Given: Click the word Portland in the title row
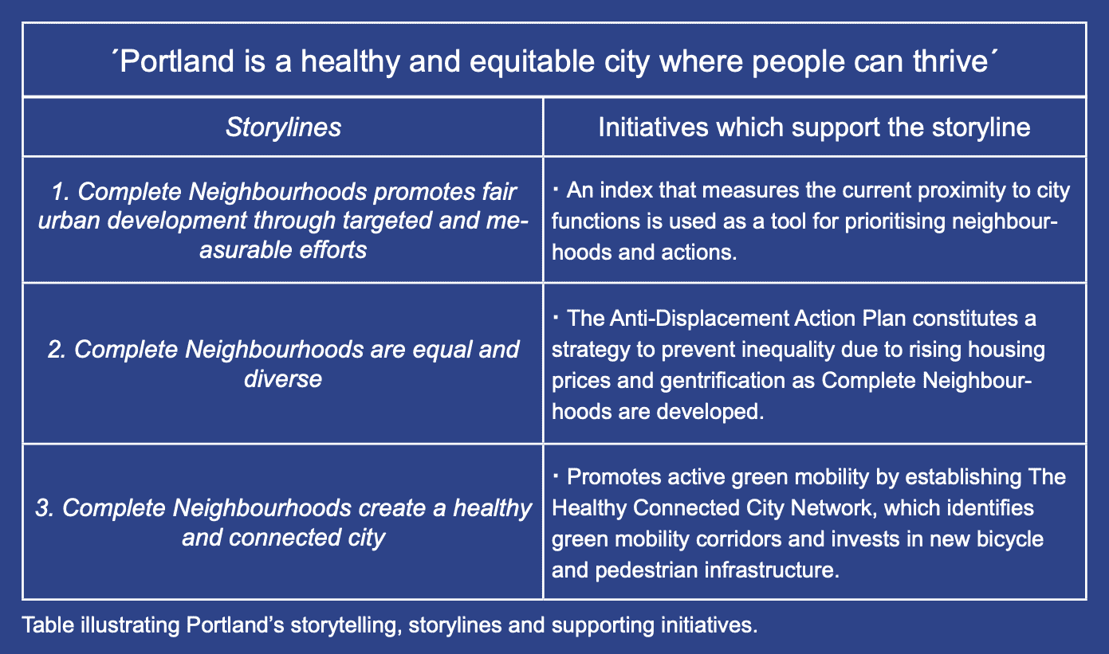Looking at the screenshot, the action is point(177,61).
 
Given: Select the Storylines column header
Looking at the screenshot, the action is point(283,127).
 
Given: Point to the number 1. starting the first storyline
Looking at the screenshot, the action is point(61,192).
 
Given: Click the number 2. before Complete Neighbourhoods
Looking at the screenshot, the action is point(57,350).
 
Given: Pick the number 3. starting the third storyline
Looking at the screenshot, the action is point(45,508).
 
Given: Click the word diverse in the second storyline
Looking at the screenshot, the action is point(283,379).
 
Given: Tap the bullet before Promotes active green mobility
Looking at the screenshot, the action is point(556,476).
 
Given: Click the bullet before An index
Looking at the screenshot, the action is point(556,189).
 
